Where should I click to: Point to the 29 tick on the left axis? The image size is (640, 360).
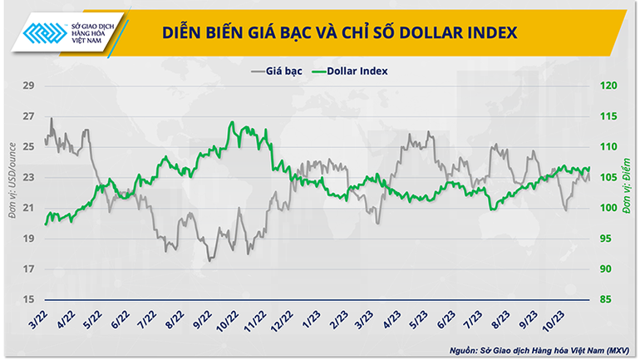(28, 86)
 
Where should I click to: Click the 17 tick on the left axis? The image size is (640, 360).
(28, 269)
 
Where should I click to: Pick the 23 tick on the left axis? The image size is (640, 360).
(28, 177)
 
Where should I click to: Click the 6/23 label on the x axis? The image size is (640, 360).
(443, 317)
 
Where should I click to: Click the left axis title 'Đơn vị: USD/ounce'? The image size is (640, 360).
(11, 190)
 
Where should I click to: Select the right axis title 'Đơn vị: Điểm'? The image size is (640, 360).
(628, 190)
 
